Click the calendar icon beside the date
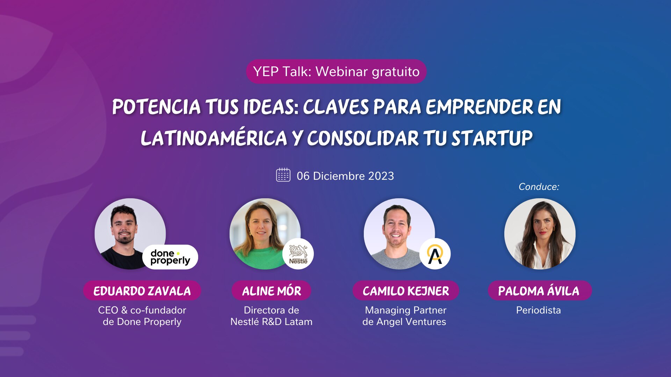[x=283, y=175]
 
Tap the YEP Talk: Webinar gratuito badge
[x=336, y=72]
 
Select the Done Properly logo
[x=170, y=257]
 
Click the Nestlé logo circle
[x=298, y=254]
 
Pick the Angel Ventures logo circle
[x=435, y=254]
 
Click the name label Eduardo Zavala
[x=142, y=291]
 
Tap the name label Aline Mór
[x=272, y=291]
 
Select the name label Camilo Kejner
[x=406, y=291]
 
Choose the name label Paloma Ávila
[x=540, y=291]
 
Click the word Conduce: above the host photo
[x=539, y=187]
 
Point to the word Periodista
[x=539, y=310]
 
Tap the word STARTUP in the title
[x=492, y=138]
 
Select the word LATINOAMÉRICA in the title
[x=214, y=138]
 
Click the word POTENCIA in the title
[x=157, y=107]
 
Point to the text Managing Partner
[x=406, y=310]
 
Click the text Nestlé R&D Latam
[x=272, y=322]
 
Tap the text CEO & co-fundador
[x=142, y=310]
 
